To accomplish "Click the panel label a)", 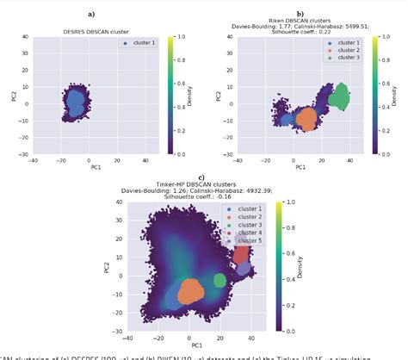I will (x=91, y=15).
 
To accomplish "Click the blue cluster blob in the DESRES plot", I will (x=75, y=105).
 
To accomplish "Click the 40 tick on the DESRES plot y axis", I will (x=26, y=38).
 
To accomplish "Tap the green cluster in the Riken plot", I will (x=340, y=96).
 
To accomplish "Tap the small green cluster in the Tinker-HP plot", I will (x=219, y=280).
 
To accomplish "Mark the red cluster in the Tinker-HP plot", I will (x=241, y=256).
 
